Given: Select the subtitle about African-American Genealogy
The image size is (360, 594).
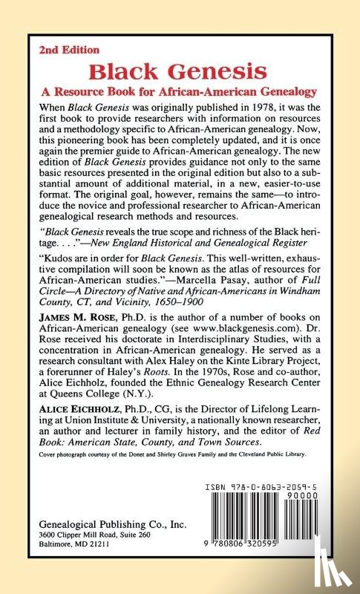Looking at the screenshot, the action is tap(180, 92).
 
